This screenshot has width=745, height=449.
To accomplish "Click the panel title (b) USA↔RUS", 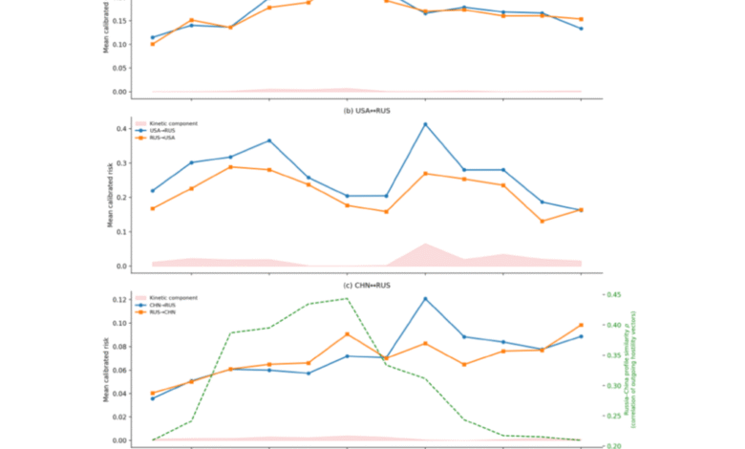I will point(372,110).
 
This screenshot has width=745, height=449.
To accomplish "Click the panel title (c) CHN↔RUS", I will point(372,285).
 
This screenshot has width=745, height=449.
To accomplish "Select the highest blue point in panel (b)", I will point(425,124).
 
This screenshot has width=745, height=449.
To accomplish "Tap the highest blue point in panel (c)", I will point(425,299).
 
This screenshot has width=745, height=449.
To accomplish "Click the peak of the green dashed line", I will point(347,299).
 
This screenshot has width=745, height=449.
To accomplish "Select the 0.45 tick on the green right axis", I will point(612,294).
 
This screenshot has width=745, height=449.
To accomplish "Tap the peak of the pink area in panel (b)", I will point(425,245).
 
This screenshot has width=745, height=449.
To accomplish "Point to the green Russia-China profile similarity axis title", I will point(631,368).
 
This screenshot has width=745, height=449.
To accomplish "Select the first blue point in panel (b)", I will point(153,191).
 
